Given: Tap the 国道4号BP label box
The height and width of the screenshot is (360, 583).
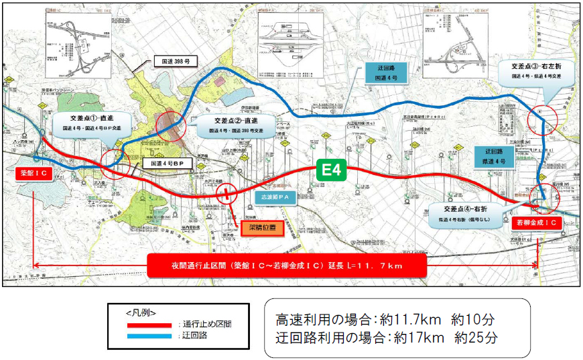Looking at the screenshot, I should pyautogui.click(x=167, y=163).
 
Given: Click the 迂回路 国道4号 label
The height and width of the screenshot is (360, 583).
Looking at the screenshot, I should pyautogui.click(x=386, y=72).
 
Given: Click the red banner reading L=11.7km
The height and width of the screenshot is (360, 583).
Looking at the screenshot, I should pyautogui.click(x=285, y=265).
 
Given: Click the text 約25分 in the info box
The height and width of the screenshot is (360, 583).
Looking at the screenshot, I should pyautogui.click(x=476, y=337).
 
